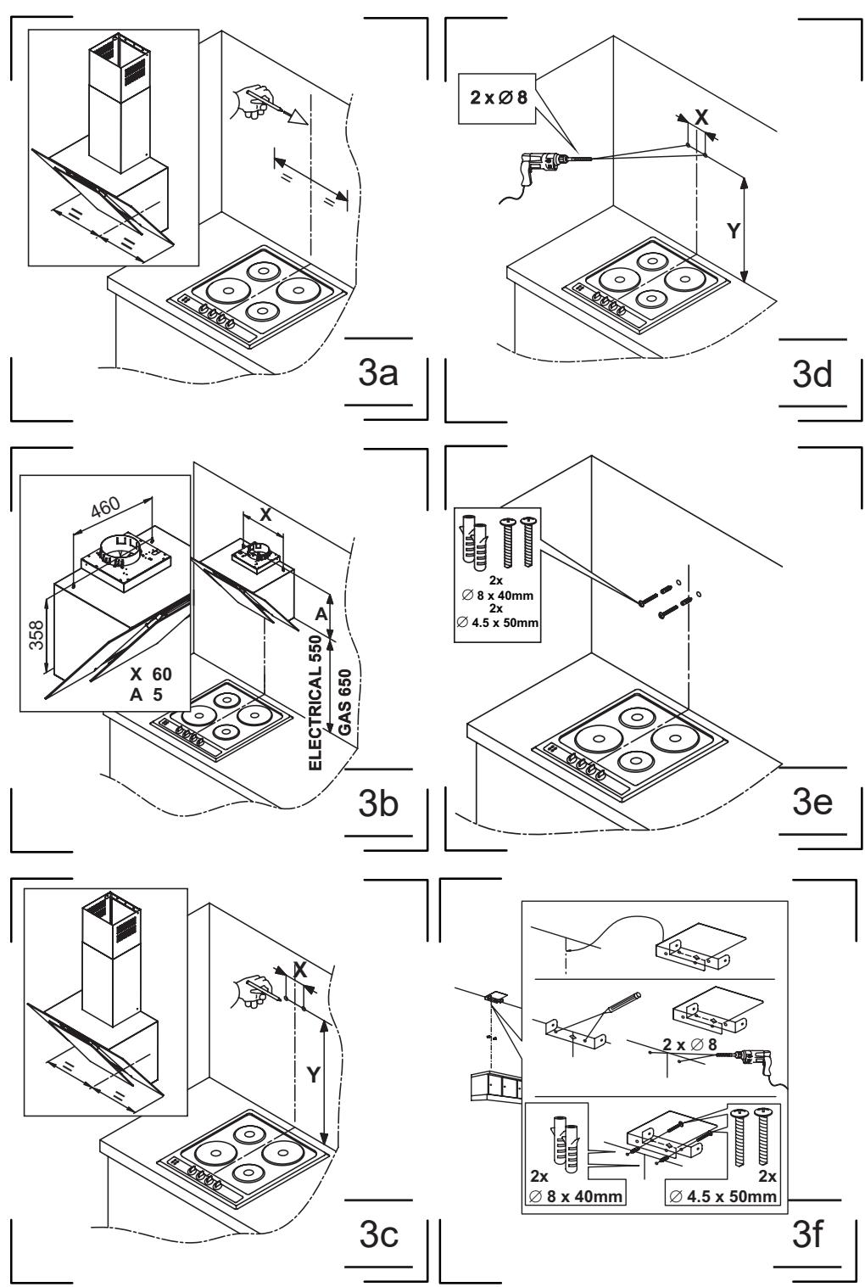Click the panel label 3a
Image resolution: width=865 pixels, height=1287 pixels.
[378, 373]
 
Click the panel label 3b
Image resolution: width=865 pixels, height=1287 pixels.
[378, 803]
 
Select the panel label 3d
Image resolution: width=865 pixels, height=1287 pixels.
[812, 374]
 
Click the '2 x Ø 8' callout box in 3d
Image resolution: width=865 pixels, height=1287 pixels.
[498, 98]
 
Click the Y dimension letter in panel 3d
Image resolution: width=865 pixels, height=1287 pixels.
[733, 231]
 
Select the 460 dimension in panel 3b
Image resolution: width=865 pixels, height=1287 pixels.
[106, 506]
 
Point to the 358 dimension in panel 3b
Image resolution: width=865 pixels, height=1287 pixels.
[36, 635]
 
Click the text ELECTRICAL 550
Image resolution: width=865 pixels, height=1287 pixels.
[315, 702]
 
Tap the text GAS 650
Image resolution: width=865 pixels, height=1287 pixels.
[344, 702]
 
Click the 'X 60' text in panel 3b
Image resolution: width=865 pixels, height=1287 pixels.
[150, 674]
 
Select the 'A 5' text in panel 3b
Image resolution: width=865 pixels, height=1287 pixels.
[147, 695]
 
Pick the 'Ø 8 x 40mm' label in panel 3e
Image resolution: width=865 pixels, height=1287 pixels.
[498, 596]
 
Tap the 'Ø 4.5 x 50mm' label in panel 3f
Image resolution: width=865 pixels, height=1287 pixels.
[723, 1195]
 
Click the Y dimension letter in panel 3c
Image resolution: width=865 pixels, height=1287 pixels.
[313, 1074]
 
